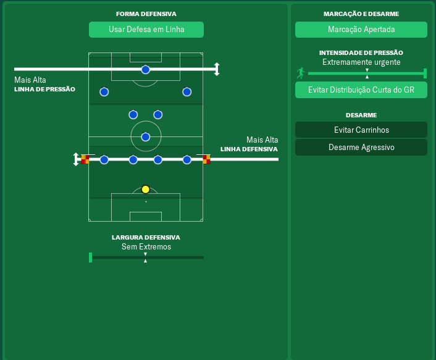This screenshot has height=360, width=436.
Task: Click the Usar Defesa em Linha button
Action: tap(146, 30)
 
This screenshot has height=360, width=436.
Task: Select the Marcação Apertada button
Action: tap(361, 30)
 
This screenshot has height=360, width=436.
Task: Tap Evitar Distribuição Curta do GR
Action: tap(361, 90)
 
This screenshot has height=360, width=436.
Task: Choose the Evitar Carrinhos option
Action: tap(361, 130)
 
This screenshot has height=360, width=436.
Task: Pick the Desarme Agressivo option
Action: tap(361, 148)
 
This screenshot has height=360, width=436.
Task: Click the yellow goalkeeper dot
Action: tap(146, 190)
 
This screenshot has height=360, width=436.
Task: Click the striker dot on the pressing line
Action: tap(146, 69)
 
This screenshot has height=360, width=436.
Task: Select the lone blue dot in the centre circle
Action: tap(146, 136)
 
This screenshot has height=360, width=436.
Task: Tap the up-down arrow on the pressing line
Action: tap(217, 69)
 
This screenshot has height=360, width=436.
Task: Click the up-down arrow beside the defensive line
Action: tap(76, 159)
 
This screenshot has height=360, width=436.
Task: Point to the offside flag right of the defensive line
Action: tap(206, 159)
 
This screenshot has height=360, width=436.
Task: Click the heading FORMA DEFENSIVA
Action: tap(146, 14)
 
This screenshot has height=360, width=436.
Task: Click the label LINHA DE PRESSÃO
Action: tap(44, 89)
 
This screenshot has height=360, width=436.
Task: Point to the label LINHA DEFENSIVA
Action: tap(249, 149)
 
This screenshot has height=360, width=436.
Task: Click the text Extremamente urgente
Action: tap(361, 62)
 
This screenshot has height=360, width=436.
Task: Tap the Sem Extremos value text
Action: tap(146, 247)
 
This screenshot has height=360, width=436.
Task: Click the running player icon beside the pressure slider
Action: tap(301, 73)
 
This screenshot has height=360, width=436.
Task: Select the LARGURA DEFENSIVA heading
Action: tap(146, 237)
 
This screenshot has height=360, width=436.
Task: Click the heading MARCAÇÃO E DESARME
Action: tap(361, 14)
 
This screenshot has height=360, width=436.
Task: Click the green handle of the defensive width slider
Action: tap(91, 257)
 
